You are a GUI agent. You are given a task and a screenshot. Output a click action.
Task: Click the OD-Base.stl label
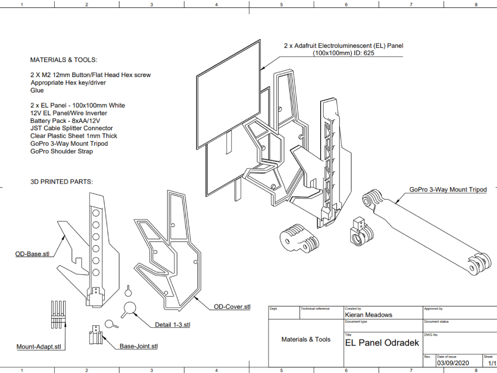[32, 254]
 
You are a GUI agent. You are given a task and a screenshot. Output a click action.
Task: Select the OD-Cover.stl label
[232, 307]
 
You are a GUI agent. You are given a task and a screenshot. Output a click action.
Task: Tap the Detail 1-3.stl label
[172, 325]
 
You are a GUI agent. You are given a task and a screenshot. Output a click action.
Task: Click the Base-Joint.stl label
[139, 346]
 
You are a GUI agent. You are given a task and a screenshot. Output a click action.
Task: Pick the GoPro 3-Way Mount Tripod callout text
[448, 189]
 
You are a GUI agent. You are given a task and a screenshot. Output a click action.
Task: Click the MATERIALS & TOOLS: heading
[64, 60]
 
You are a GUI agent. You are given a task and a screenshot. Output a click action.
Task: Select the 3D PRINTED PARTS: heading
[62, 182]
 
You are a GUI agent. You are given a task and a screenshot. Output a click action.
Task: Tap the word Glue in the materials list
[37, 91]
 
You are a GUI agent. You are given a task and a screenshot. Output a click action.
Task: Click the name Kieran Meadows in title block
[368, 315]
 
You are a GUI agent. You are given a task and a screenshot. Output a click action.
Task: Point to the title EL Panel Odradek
[382, 343]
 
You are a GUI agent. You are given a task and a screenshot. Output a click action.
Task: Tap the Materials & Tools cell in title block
[306, 340]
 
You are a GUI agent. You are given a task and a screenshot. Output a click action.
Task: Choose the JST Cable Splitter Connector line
[72, 128]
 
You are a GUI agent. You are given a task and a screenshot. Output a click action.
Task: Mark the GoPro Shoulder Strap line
[61, 151]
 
